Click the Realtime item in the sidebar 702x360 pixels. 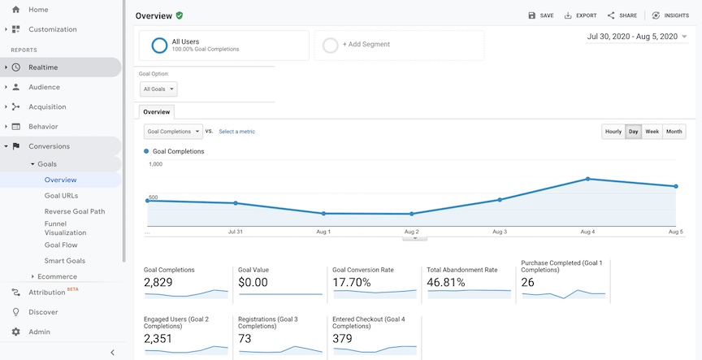click(43, 67)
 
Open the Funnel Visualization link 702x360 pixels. click(65, 227)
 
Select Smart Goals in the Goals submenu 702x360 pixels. click(65, 261)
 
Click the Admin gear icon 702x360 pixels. click(15, 332)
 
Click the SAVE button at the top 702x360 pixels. click(541, 15)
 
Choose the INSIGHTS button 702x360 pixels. click(670, 15)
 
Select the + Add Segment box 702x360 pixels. click(399, 45)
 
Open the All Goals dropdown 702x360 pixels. click(158, 89)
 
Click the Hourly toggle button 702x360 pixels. click(613, 132)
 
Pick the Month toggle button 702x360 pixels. click(674, 132)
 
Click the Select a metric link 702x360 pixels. click(236, 132)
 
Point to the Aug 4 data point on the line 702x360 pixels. click(587, 179)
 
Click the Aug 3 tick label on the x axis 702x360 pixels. click(500, 232)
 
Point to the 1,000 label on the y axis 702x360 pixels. click(155, 164)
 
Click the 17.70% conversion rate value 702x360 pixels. click(352, 283)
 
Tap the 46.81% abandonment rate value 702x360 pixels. click(446, 283)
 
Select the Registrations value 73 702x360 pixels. click(245, 339)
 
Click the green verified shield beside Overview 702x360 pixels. click(179, 15)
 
